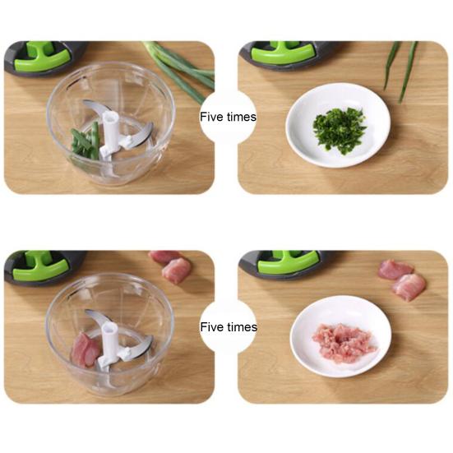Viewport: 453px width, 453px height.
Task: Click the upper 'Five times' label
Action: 228,117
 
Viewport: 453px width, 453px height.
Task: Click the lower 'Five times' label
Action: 228,327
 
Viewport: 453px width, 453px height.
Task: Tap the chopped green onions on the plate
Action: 339,127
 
